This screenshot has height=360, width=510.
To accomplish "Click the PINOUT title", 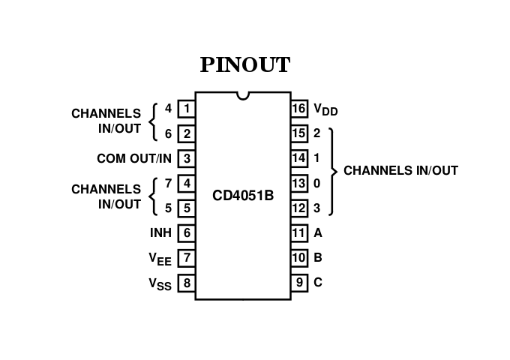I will coord(244,65).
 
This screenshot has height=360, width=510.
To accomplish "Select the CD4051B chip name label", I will coord(243,196).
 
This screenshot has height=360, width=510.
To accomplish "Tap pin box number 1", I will coord(186,109).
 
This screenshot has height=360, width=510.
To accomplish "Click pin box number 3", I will coord(186,158).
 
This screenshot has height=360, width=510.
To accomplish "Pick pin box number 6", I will coord(186,232).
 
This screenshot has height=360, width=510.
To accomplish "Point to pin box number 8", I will coord(186,283).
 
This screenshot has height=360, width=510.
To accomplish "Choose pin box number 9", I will coord(299,283).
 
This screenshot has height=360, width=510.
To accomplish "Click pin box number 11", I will coord(299,232).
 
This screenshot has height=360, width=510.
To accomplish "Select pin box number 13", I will coord(299,183).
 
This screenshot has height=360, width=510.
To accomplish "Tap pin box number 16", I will coord(299,109).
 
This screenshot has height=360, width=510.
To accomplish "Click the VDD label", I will coord(325,110).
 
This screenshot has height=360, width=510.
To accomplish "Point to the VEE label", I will coord(160,259).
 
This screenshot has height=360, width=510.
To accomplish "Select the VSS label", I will coord(160,284).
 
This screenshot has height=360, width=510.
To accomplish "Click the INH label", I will coord(160,232).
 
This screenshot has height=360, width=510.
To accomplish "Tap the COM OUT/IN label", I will coord(134,158).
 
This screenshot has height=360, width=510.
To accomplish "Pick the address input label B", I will coord(317,258).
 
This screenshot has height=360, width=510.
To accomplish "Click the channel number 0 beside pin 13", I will coord(316,183).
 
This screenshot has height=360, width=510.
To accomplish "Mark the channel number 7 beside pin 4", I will coord(168,183).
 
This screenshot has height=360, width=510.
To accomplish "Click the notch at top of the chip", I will coord(243,95).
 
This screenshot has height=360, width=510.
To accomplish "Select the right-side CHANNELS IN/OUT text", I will coord(400,170).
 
